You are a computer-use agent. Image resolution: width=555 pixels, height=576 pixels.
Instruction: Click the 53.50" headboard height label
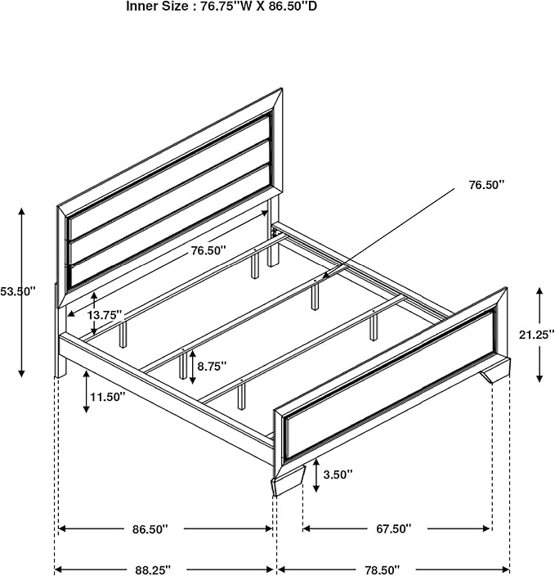17,291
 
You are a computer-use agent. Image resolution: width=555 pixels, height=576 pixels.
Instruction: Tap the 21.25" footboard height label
536,335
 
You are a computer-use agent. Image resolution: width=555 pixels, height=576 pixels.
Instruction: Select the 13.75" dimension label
105,315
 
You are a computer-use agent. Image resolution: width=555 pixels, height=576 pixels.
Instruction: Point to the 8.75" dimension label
212,367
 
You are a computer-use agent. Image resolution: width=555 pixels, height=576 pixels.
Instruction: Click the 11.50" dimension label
108,397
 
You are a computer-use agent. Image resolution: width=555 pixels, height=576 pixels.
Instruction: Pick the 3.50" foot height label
338,475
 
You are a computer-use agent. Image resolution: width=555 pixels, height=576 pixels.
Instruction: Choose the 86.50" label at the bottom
150,529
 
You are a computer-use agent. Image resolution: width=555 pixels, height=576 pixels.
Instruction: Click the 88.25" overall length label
153,569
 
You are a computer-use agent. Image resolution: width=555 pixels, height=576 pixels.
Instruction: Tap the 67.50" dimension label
393,529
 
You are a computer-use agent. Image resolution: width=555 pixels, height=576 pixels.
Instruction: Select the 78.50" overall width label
382,570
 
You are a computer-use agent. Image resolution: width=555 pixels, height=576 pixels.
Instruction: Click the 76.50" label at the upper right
486,185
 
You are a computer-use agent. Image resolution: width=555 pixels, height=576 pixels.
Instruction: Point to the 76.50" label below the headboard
208,250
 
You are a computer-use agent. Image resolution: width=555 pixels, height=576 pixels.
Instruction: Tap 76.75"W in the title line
226,7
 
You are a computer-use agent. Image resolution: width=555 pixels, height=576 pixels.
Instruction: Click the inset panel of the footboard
390,385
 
